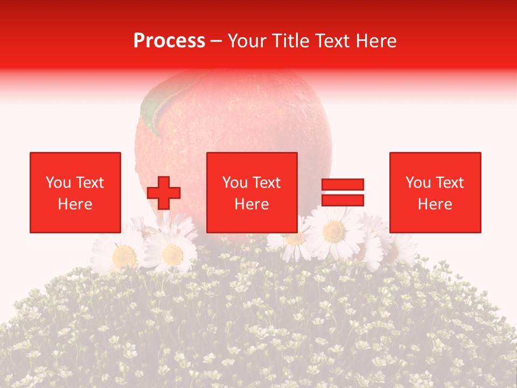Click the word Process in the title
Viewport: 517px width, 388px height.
169,41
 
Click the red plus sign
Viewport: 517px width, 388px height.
164,193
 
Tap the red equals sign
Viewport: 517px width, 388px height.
343,192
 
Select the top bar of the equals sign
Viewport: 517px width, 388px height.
343,185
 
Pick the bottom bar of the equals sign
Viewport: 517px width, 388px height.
343,200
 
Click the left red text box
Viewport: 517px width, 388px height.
75,192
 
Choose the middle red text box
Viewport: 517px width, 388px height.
252,192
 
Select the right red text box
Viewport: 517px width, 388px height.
435,192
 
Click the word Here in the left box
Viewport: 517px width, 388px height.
75,204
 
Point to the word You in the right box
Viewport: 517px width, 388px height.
418,183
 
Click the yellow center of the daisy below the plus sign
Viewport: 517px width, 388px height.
172,254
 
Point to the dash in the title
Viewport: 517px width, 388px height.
216,41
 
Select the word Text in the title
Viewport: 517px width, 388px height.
330,41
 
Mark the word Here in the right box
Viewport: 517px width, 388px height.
435,204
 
